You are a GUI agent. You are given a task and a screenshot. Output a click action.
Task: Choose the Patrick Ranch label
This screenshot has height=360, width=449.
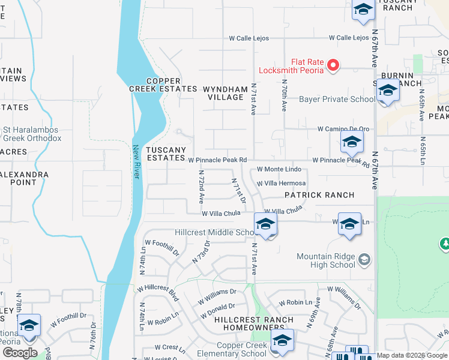pyautogui.click(x=319, y=195)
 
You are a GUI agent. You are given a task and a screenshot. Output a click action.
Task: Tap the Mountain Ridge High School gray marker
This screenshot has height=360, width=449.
pyautogui.click(x=364, y=260)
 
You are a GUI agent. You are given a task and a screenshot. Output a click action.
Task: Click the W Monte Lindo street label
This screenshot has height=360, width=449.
pyautogui.click(x=279, y=170)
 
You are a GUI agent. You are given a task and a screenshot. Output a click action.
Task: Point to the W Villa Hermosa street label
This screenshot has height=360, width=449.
pyautogui.click(x=281, y=184)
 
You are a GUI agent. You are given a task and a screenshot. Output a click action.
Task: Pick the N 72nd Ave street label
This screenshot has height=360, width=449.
pyautogui.click(x=202, y=185)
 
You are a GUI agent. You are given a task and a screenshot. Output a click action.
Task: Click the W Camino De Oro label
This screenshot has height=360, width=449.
pyautogui.click(x=343, y=129)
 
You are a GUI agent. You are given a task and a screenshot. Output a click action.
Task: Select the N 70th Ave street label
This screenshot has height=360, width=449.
pyautogui.click(x=284, y=97)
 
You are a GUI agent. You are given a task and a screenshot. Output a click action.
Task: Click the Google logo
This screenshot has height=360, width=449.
pyautogui.click(x=20, y=353)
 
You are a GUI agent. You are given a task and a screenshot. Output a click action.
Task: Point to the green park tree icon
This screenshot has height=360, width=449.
pyautogui.click(x=445, y=243)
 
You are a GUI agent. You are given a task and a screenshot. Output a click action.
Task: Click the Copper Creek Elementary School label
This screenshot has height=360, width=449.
pyautogui.click(x=224, y=350)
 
